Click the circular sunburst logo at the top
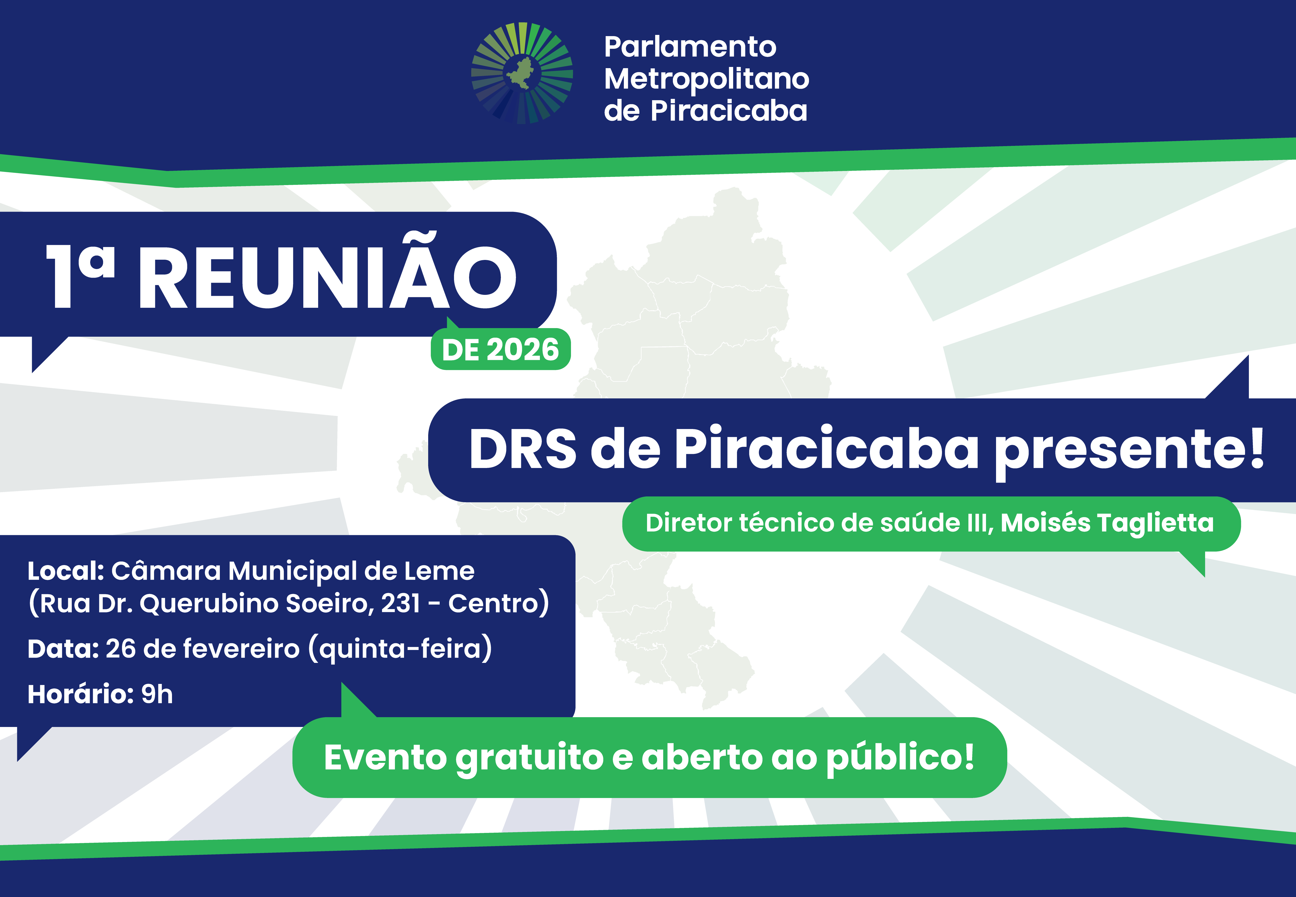tap(521, 73)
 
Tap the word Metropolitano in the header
tap(706, 79)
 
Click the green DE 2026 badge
tap(500, 350)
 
